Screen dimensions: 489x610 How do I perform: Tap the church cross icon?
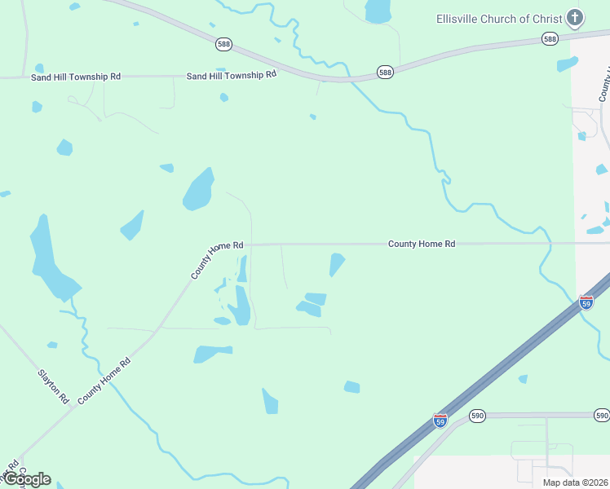point(575,17)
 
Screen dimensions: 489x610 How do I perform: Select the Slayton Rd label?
point(54,387)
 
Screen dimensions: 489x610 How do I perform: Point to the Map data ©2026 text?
point(574,482)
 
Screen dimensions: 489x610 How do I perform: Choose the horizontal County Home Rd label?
point(421,244)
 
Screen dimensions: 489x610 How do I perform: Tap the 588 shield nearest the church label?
point(550,39)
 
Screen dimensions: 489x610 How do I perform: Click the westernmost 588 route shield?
point(223,42)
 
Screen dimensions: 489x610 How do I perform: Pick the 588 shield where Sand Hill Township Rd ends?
point(386,73)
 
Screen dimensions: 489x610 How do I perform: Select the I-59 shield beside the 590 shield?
point(440,421)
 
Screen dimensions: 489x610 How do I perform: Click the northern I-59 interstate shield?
point(586,302)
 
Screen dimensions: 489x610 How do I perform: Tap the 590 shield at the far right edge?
point(602,416)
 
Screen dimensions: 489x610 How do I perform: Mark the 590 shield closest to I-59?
point(477,416)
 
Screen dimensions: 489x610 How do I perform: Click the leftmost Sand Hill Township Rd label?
point(76,77)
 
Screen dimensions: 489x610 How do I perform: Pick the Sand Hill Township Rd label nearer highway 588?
point(232,74)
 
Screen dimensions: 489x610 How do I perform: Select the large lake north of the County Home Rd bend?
point(198,190)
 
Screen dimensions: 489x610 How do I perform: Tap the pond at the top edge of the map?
point(378,11)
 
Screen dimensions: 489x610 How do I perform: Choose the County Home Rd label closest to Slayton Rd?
point(104,381)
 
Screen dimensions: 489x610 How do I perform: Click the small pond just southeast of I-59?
point(523,379)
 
